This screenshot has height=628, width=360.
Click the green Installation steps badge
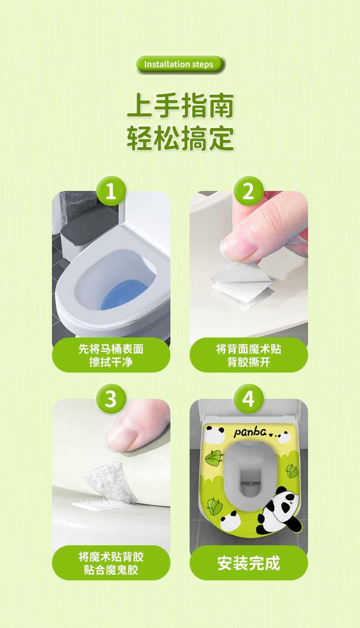(180, 64)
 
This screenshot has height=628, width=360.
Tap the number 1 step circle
(111, 191)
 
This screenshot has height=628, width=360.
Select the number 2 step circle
(249, 191)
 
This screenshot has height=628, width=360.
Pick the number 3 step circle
(111, 399)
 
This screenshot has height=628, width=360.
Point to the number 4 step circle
(249, 399)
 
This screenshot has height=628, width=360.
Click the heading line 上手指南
(180, 106)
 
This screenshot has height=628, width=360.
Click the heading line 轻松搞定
(180, 138)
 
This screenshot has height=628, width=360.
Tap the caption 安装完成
(249, 563)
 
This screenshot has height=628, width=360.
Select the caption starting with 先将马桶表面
(111, 355)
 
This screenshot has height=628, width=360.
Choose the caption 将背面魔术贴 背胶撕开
(249, 355)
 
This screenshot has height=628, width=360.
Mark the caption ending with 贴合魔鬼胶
(111, 563)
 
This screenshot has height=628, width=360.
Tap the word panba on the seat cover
(250, 432)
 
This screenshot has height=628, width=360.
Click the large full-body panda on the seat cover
(279, 510)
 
